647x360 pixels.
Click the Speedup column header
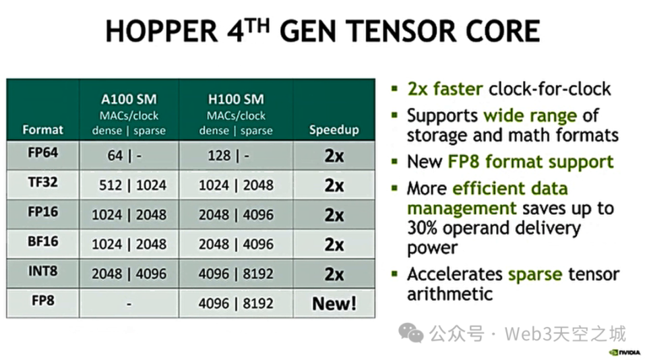[x=334, y=129]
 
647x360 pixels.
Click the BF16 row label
[x=42, y=242]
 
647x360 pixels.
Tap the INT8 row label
[x=42, y=272]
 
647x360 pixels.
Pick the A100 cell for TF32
[x=129, y=185]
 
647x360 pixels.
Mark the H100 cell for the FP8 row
[x=236, y=303]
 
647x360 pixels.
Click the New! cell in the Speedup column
[x=334, y=303]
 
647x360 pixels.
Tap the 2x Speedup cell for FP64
[x=334, y=156]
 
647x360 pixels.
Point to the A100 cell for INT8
[x=129, y=274]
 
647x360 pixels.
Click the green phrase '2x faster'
[x=445, y=89]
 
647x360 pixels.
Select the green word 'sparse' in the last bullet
[x=535, y=274]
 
